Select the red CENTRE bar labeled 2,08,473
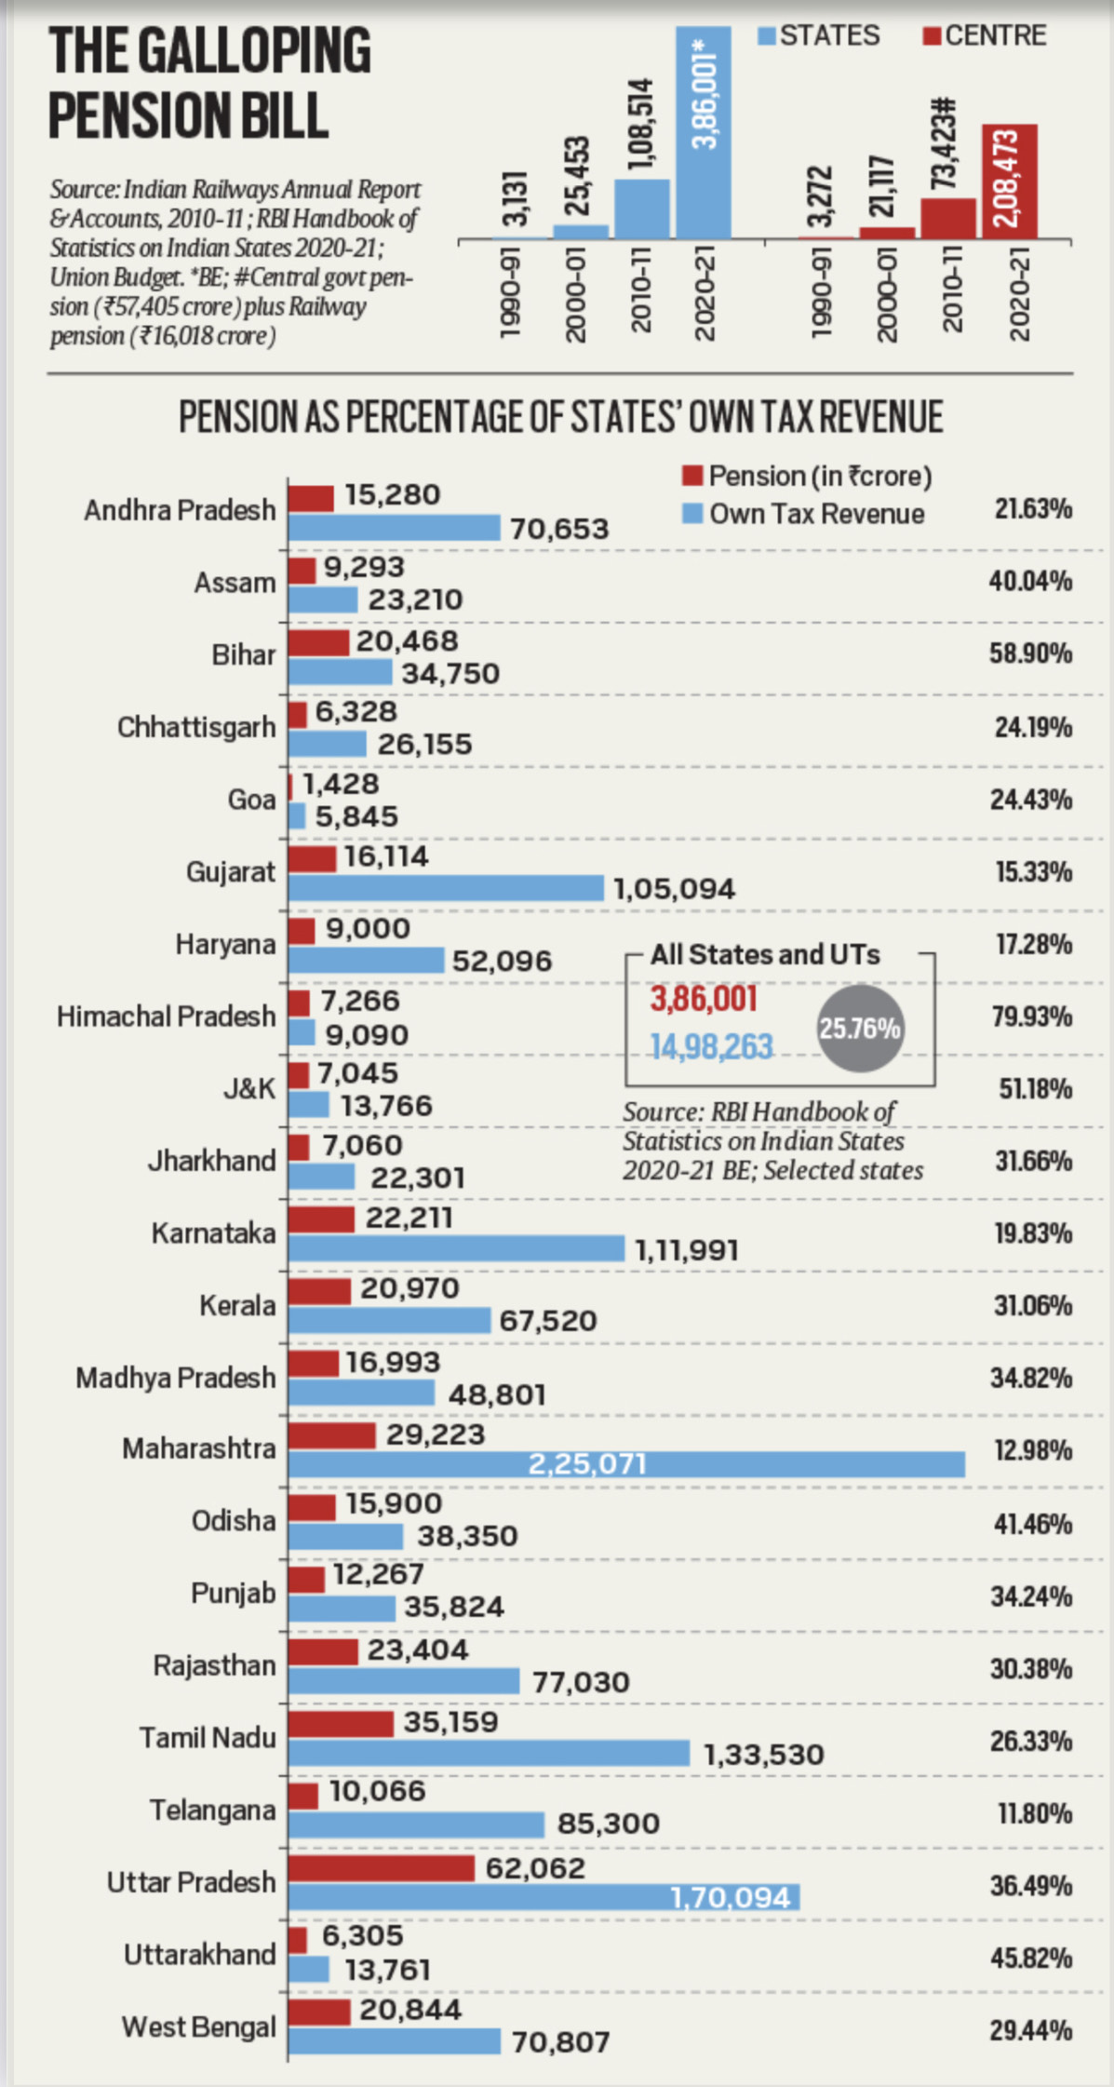pos(1009,182)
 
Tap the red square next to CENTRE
pos(931,36)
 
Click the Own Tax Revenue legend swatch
pos(691,514)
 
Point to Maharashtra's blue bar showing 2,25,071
pos(625,1464)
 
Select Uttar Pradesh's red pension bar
pos(381,1868)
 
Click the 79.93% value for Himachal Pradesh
pos(1031,1017)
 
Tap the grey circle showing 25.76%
pos(860,1029)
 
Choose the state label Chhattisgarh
pos(196,727)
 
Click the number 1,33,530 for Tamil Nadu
pos(763,1755)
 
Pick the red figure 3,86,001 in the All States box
pos(704,1000)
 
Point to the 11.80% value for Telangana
pos(1034,1813)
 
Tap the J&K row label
pos(248,1088)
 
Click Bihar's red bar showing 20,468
pos(318,642)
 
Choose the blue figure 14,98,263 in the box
pos(711,1047)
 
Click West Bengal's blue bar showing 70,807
pos(394,2041)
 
